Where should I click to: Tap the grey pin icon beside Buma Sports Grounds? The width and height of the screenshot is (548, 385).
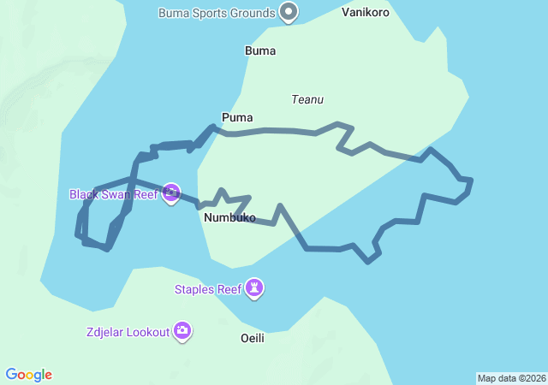(x=289, y=12)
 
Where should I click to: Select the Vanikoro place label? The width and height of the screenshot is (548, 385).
(x=366, y=13)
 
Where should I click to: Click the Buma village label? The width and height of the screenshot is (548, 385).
(x=260, y=50)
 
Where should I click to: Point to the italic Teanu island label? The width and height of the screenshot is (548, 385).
(x=307, y=99)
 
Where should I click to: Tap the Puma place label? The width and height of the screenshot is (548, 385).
(x=237, y=117)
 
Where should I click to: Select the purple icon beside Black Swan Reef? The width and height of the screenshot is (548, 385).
(x=171, y=193)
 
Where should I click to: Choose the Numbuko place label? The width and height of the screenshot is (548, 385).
(x=230, y=218)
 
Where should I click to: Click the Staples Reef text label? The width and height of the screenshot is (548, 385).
(x=208, y=289)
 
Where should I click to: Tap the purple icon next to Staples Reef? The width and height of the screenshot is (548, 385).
(x=254, y=289)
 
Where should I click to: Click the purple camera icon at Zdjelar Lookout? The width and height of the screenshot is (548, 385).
(x=182, y=331)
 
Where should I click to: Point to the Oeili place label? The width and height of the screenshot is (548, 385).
(x=253, y=338)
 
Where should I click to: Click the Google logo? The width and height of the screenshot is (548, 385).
(x=29, y=375)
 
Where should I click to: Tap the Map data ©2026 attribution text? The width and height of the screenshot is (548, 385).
(x=511, y=378)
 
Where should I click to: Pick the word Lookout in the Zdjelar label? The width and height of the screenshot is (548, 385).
(x=146, y=332)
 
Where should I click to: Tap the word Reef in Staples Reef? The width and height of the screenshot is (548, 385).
(x=229, y=289)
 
